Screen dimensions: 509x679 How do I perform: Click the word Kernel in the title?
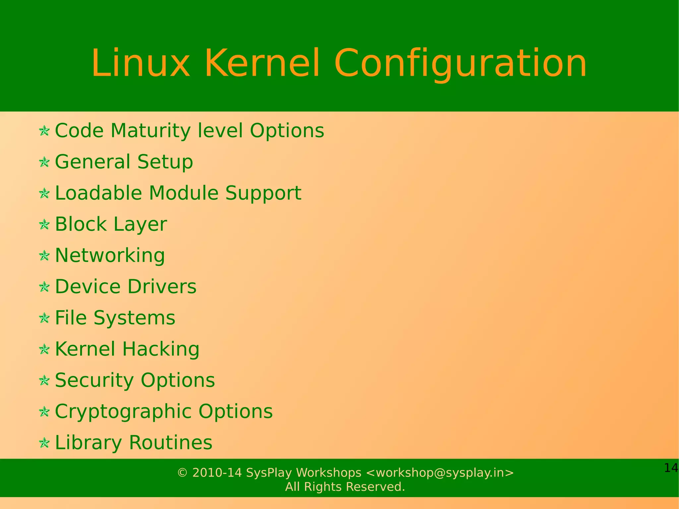click(262, 63)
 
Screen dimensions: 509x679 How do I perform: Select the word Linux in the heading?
click(141, 63)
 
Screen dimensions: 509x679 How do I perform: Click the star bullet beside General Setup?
click(44, 162)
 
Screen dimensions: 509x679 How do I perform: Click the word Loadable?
click(98, 193)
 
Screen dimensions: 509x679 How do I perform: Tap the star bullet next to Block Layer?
click(44, 224)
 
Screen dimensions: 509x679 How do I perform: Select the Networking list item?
click(110, 255)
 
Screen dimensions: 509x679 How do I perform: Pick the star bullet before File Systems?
click(44, 318)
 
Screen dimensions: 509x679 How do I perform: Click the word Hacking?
click(161, 349)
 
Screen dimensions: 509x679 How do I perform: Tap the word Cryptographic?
click(123, 412)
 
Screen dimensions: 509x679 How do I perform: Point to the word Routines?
click(170, 442)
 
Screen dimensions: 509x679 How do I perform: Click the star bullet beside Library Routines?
click(44, 443)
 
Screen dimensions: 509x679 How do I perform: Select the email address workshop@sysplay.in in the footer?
click(440, 473)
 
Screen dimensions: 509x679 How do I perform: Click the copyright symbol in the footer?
click(182, 473)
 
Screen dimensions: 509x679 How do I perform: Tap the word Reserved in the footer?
click(375, 487)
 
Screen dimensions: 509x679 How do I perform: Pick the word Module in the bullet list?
click(184, 193)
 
